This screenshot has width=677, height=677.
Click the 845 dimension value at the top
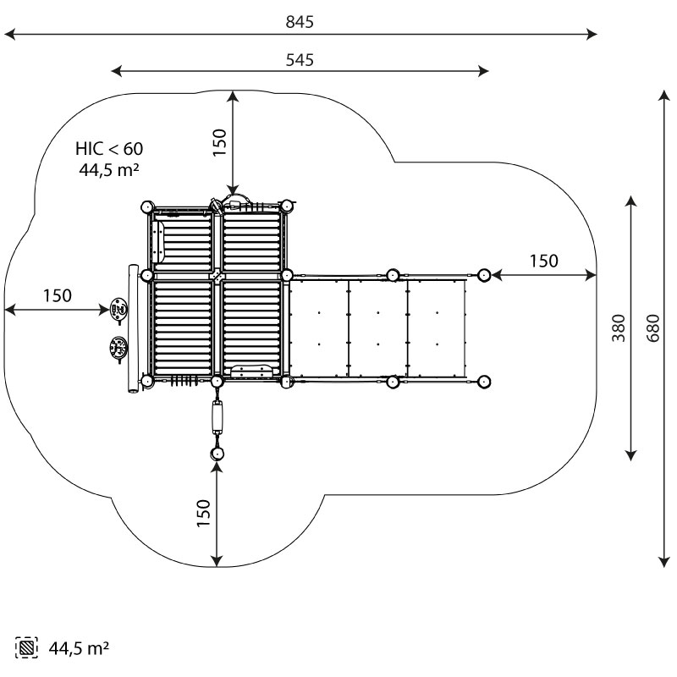coord(300,22)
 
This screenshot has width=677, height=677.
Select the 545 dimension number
coord(300,59)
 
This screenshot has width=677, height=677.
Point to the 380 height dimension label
coord(619,327)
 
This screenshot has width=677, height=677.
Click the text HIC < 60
coord(108,149)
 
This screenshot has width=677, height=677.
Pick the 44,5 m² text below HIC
coord(108,169)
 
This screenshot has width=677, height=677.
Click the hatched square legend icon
coord(27,648)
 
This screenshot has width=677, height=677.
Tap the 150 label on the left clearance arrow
coord(57,295)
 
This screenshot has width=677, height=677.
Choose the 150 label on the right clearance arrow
coord(544,261)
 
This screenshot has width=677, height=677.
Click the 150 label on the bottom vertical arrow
coord(203,514)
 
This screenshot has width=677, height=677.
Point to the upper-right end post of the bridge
coord(484,274)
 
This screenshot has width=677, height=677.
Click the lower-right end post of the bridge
coord(484,382)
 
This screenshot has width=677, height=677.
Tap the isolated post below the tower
coord(217,454)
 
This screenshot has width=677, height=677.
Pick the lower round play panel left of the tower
coord(118,346)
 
